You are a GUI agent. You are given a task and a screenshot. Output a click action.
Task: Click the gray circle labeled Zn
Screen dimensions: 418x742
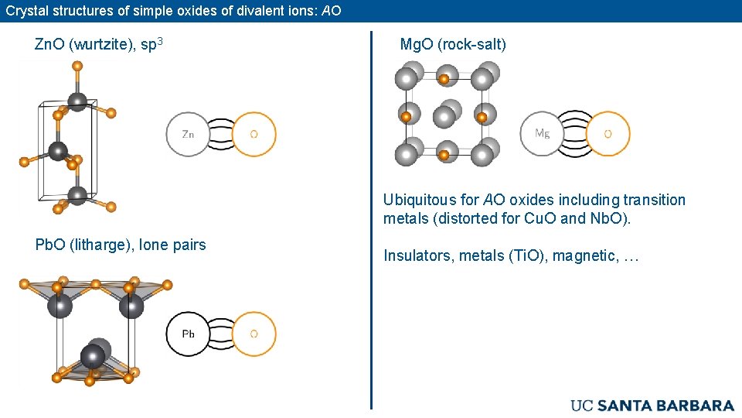(x=188, y=134)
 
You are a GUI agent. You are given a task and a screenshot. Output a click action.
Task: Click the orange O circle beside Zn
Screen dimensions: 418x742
(x=254, y=134)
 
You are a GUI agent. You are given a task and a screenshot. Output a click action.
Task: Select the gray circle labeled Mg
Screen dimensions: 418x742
(x=543, y=133)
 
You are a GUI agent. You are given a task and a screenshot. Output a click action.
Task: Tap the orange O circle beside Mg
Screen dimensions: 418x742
(x=608, y=133)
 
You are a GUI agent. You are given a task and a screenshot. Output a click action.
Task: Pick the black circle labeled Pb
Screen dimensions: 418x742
(x=188, y=334)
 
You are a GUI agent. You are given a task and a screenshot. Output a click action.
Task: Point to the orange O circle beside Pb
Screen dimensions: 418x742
(x=254, y=334)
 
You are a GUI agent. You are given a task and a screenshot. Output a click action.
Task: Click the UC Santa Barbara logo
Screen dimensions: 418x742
(x=652, y=405)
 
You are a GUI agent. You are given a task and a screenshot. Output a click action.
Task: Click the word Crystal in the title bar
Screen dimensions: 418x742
(x=26, y=11)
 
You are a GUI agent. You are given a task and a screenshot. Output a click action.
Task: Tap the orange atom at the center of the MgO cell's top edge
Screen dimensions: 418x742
(x=444, y=79)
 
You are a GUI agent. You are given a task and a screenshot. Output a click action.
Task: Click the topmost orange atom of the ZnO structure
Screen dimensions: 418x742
(x=77, y=67)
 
